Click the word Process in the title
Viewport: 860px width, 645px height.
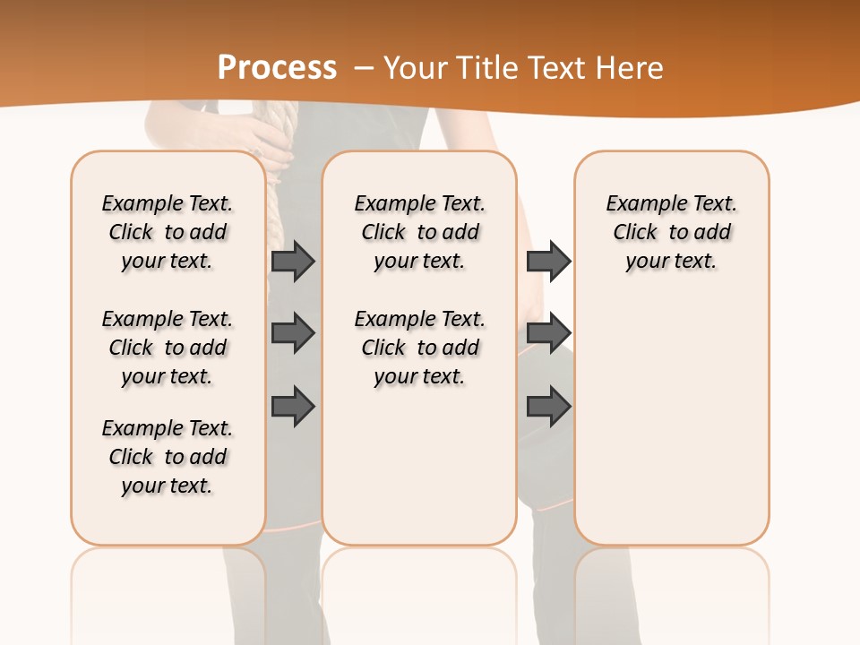coord(277,68)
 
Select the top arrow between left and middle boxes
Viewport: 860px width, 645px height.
coord(293,261)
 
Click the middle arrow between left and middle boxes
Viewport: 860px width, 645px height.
coord(293,333)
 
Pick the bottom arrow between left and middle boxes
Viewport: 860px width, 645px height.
coord(293,406)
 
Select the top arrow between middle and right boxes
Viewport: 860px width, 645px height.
coord(548,261)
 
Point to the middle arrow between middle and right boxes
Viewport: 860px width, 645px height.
coord(548,333)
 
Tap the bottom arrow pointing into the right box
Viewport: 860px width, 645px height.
coord(548,406)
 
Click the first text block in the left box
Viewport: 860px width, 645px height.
coord(168,232)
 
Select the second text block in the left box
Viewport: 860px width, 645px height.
coord(168,348)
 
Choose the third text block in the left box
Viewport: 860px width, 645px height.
coord(168,457)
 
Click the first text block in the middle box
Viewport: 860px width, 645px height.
coord(419,232)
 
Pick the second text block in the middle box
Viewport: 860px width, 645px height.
coord(419,348)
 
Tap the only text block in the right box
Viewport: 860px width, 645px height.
coord(672,232)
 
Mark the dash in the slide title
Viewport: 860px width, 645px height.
coord(363,68)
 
